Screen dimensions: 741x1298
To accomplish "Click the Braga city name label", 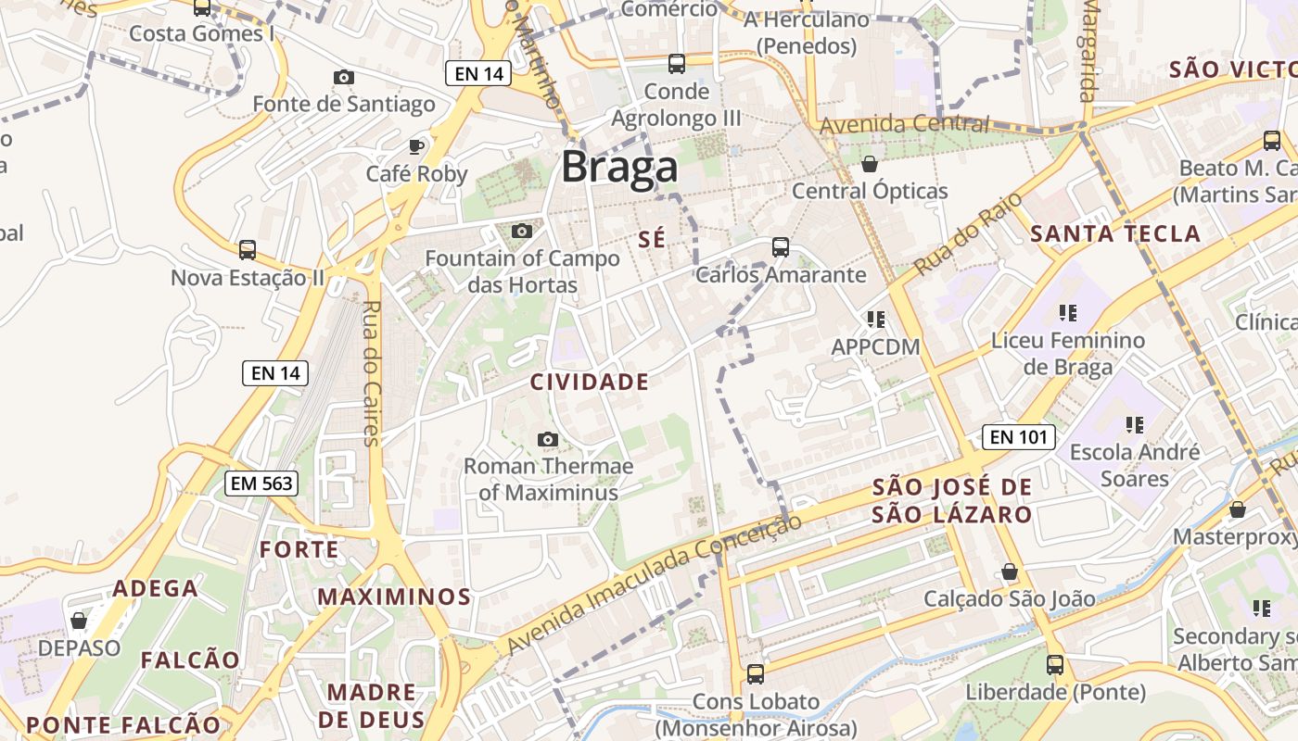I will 619,169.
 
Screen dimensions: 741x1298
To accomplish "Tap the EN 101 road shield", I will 1018,437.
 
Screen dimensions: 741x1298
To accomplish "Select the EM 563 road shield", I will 261,483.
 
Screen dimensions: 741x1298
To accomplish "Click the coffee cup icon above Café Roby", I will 416,146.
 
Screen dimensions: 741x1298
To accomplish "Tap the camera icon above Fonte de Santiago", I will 344,77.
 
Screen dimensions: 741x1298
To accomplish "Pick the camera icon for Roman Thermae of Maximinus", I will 548,439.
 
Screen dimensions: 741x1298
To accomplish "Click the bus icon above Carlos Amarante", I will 781,247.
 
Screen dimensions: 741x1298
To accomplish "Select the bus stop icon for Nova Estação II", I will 248,250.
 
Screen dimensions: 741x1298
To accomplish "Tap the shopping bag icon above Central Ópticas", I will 870,165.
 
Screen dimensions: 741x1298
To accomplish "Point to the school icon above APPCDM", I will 875,320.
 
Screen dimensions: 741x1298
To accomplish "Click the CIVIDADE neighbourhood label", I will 590,382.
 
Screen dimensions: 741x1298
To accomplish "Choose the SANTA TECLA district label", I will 1115,233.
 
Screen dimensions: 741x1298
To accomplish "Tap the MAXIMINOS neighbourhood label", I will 394,597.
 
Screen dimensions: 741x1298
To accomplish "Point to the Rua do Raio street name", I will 967,234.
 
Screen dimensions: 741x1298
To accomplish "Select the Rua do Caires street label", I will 372,373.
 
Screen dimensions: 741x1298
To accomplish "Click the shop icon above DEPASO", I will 79,621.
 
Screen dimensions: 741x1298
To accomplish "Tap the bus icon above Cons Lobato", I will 756,674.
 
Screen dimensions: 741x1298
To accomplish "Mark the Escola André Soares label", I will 1134,465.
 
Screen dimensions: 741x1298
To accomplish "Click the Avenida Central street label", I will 904,124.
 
